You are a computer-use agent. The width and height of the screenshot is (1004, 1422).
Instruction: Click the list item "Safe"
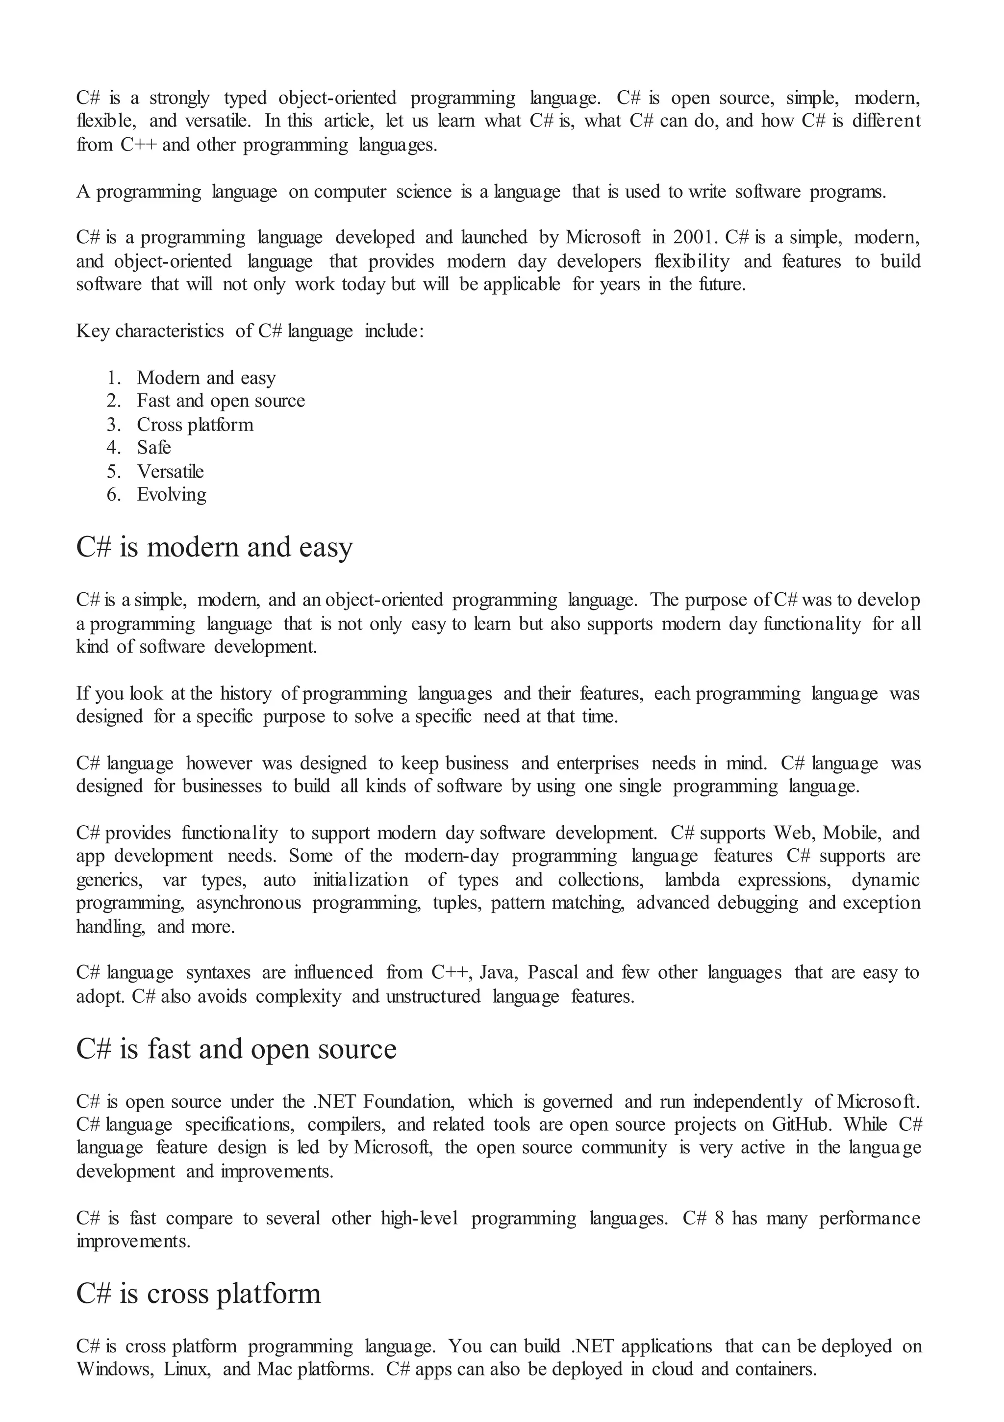(153, 447)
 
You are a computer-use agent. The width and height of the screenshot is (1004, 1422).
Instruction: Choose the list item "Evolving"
(172, 494)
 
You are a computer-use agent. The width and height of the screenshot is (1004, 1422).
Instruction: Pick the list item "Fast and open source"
(221, 401)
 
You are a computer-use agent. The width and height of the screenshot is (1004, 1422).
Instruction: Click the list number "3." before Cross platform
(114, 424)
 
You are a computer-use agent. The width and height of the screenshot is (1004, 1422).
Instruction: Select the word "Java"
(498, 972)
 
